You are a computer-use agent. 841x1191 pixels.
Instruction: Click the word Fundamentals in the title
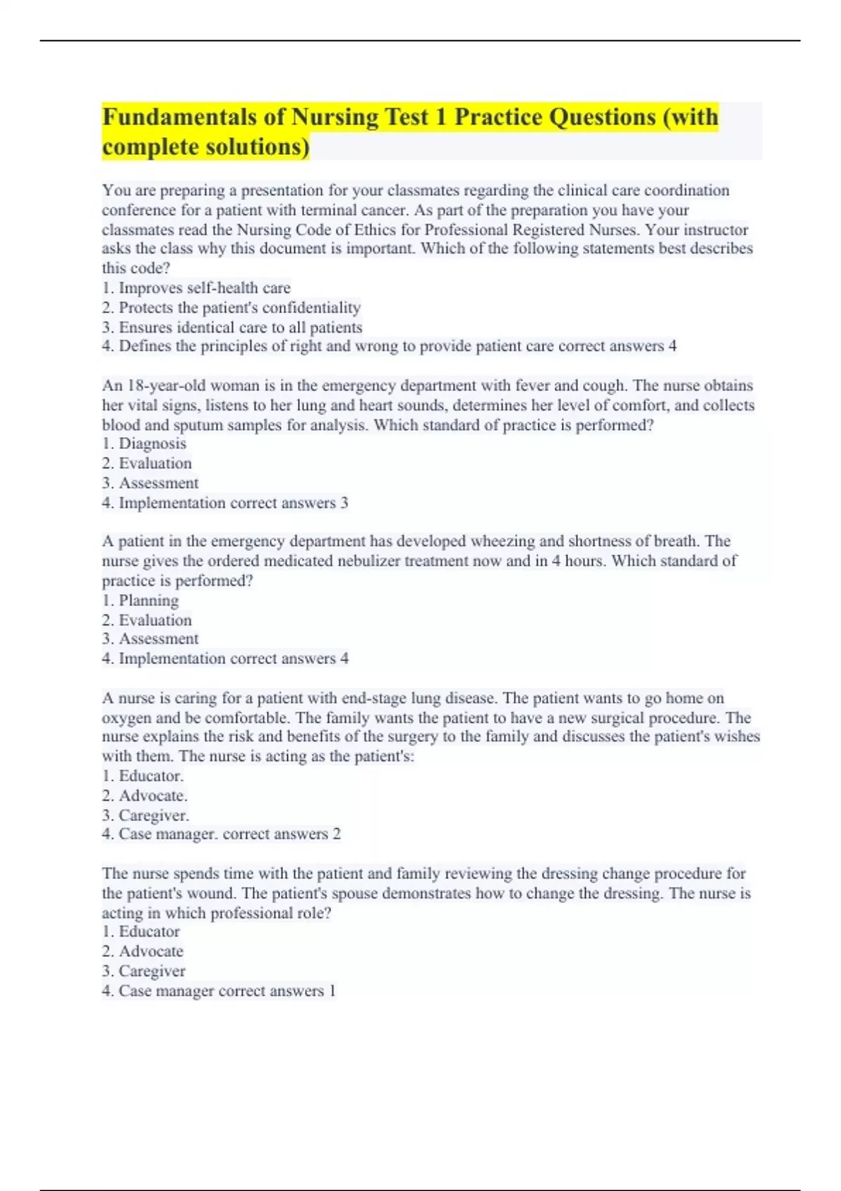coord(179,117)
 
